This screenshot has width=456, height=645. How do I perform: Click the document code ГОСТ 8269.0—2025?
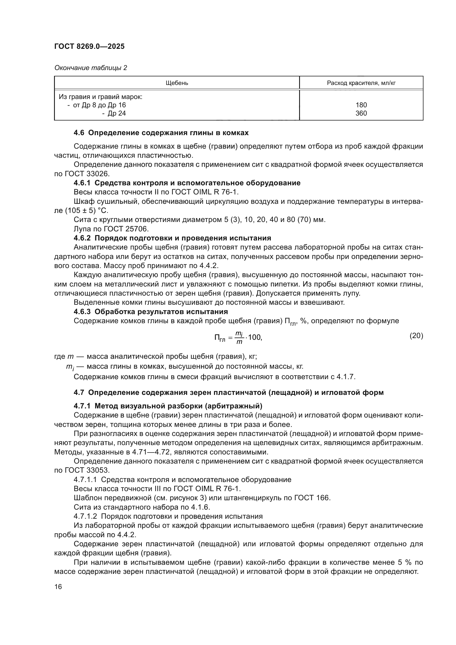pos(89,46)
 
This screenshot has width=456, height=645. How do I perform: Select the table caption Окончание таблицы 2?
pos(90,68)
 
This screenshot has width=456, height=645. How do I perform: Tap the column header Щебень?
pos(177,83)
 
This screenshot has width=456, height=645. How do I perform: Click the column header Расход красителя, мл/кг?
pos(361,83)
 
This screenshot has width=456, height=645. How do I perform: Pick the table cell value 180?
pos(361,105)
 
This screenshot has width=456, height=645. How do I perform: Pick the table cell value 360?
pos(361,113)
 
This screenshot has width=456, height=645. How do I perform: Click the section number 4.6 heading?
pos(79,133)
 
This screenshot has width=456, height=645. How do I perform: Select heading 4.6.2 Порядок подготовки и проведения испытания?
pos(172,238)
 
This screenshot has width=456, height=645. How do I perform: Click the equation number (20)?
pos(416,336)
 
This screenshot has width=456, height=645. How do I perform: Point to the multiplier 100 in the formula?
pos(254,337)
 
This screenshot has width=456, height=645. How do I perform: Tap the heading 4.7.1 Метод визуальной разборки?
pos(168,406)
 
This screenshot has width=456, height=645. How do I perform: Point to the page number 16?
pos(58,587)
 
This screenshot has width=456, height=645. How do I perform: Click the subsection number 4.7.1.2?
pos(85,516)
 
